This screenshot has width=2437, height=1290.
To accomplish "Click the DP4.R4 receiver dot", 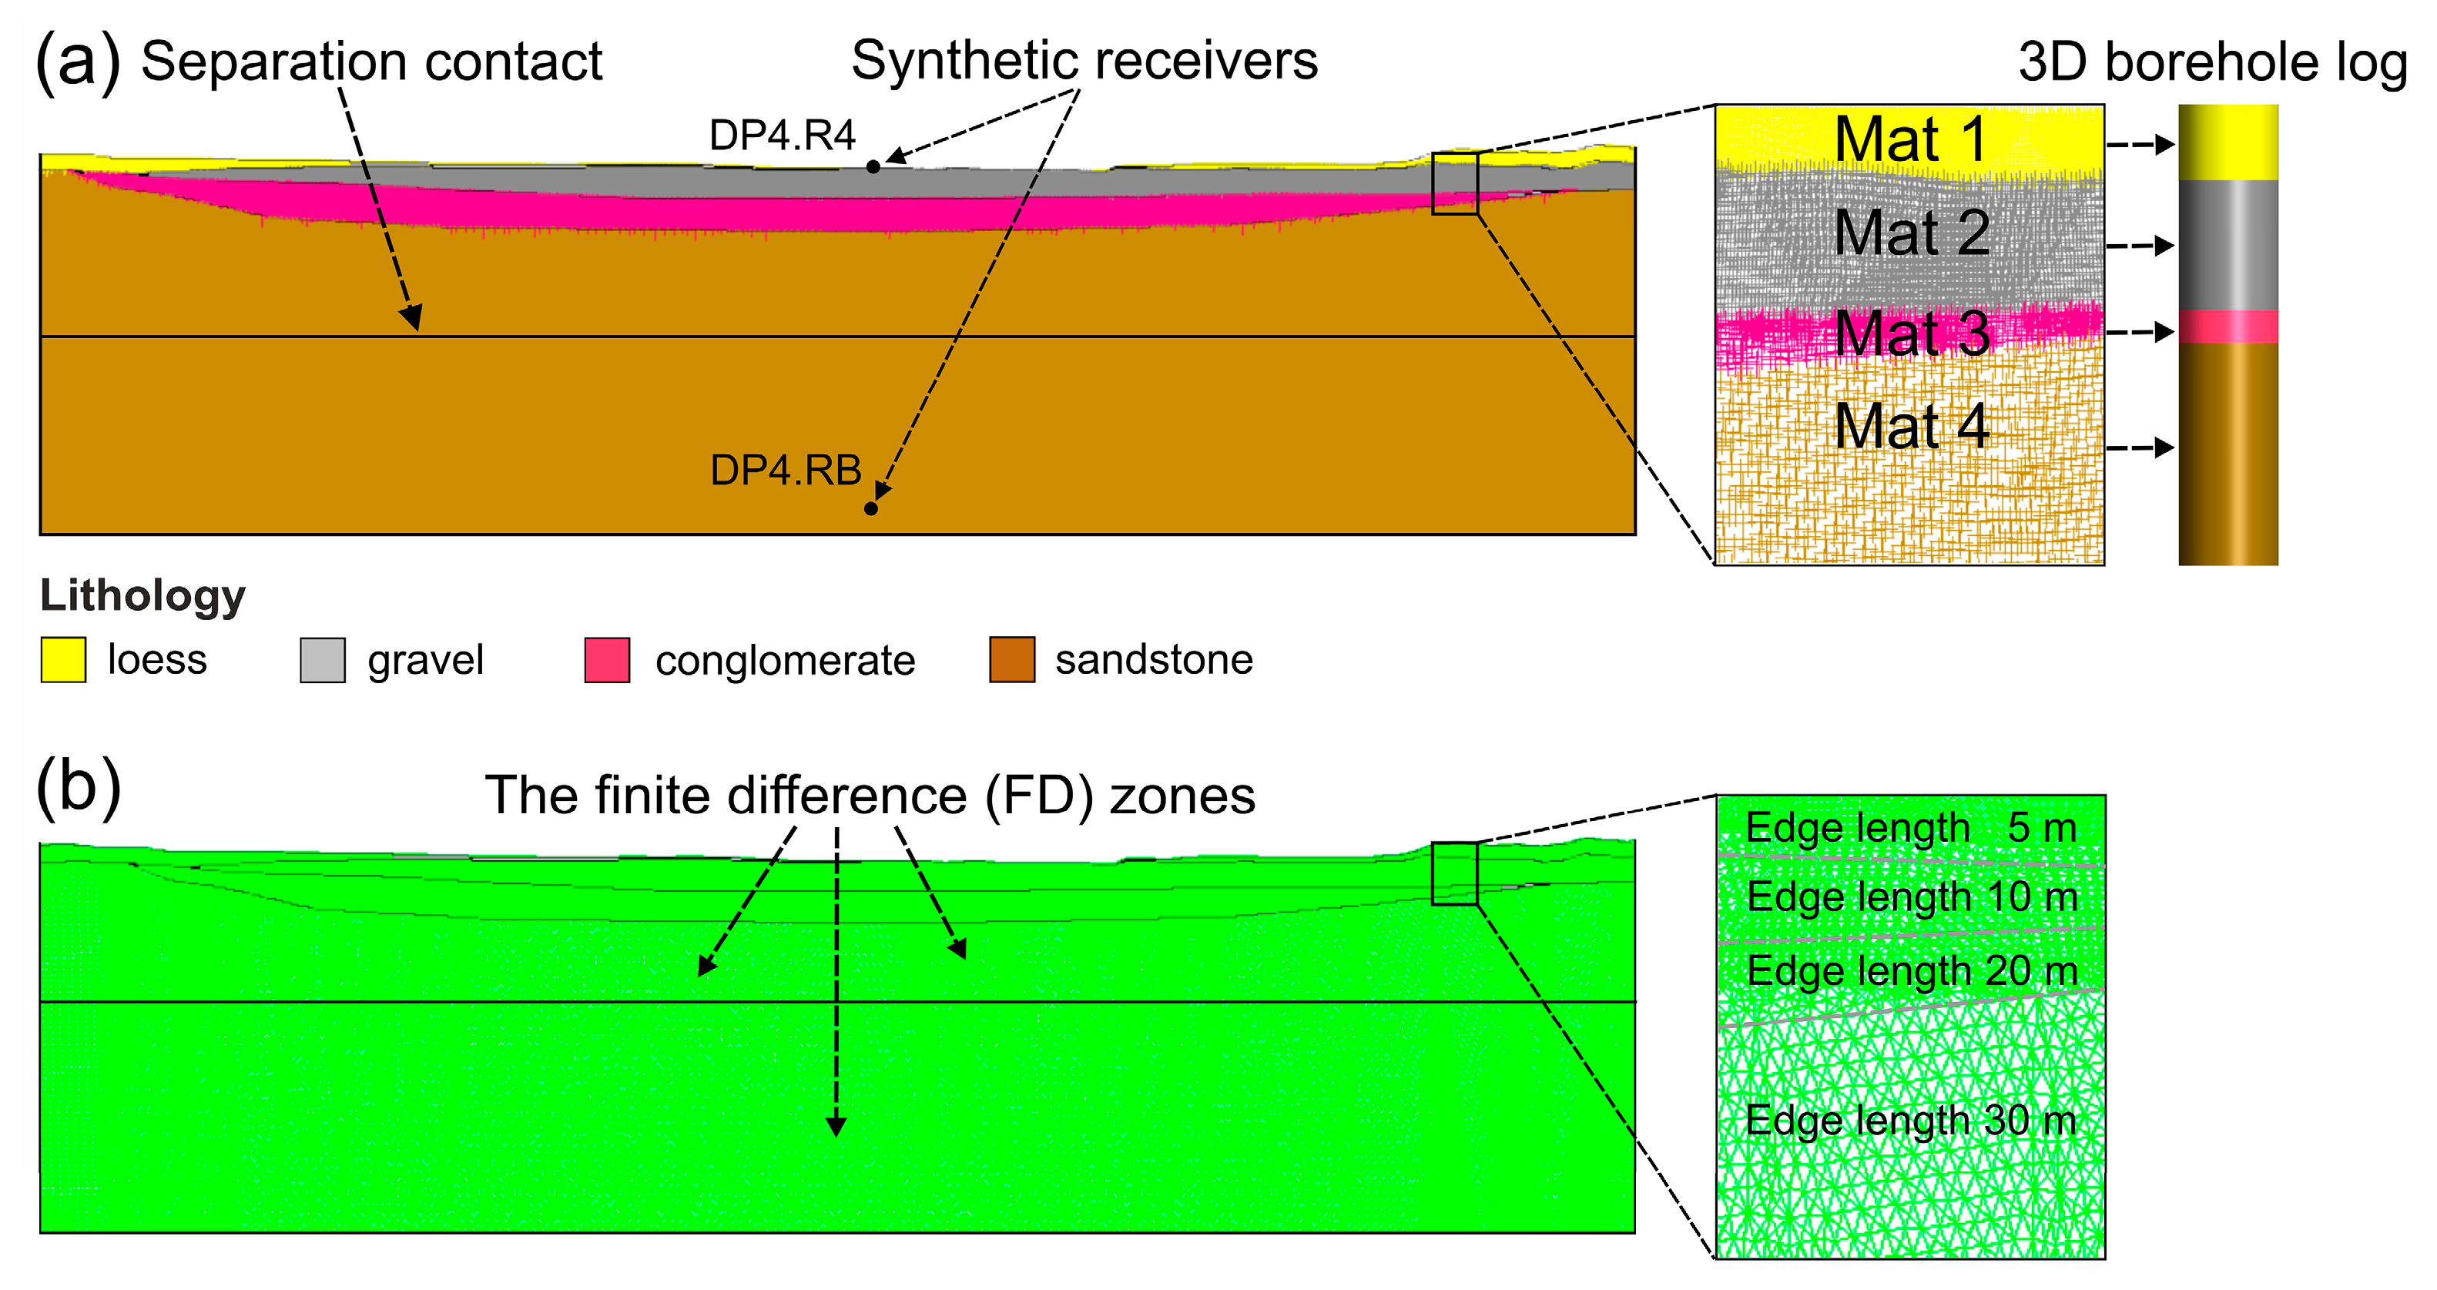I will (x=873, y=166).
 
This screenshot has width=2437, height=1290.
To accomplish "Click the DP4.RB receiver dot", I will (x=871, y=509).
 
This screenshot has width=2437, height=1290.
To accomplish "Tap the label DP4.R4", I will (x=782, y=136).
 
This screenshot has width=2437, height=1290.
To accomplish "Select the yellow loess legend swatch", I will (x=63, y=659).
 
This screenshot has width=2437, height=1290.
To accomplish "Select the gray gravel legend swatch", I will (x=323, y=659).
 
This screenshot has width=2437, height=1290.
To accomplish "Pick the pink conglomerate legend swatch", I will (x=608, y=659).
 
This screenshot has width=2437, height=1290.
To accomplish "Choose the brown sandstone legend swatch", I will (x=1011, y=659).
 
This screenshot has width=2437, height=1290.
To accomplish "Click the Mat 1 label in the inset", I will (x=1910, y=140).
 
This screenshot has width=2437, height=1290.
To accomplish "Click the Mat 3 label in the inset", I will (x=1911, y=333).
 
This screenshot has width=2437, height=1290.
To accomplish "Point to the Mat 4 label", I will (x=1911, y=427).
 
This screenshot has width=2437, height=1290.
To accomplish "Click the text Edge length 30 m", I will (x=1910, y=1121).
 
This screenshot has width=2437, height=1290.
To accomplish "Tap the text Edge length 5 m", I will (x=1910, y=829).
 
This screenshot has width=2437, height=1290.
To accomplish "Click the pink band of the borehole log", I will (x=2228, y=327).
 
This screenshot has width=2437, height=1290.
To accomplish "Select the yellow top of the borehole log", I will (x=2228, y=142).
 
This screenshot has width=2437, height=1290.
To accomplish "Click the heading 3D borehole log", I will (x=2212, y=63).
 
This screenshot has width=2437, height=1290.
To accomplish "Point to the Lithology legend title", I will (x=142, y=596).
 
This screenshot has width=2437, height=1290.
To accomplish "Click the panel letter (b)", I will (x=79, y=787).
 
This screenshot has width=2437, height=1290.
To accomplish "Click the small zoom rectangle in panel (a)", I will (x=1454, y=183).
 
